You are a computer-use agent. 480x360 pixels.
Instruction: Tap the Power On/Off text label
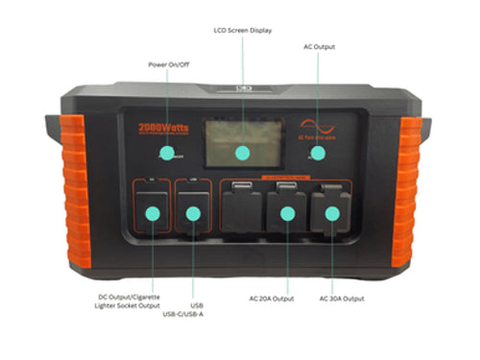click(167, 65)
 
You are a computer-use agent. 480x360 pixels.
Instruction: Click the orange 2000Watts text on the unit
click(166, 126)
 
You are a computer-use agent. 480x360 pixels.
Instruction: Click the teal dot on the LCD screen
click(241, 152)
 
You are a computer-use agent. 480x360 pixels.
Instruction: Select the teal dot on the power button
click(167, 152)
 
